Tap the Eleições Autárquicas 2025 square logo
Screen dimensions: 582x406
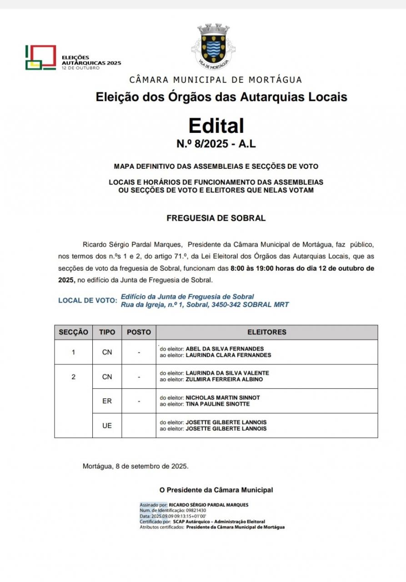pos(40,57)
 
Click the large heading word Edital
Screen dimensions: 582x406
pos(216,125)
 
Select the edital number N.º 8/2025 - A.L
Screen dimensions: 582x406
pos(216,144)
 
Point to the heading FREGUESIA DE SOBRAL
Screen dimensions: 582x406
pos(216,218)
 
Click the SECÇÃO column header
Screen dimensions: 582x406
pos(73,332)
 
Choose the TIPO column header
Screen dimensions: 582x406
pos(107,332)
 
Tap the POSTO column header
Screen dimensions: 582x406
pos(139,332)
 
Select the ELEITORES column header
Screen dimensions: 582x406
pos(267,332)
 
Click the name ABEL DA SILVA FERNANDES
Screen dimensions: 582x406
pos(225,349)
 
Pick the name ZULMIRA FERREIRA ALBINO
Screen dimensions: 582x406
pos(224,379)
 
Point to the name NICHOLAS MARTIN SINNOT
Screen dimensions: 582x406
pos(223,397)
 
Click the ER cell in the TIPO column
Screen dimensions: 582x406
pos(107,401)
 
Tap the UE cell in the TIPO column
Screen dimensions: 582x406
pos(107,426)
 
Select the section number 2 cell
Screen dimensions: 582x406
pos(73,376)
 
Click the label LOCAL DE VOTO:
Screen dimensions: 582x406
pos(87,301)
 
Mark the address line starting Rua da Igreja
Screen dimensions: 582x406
pos(205,305)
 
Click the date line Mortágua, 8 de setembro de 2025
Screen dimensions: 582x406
pos(135,466)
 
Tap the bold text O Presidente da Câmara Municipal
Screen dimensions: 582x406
pos(216,490)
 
